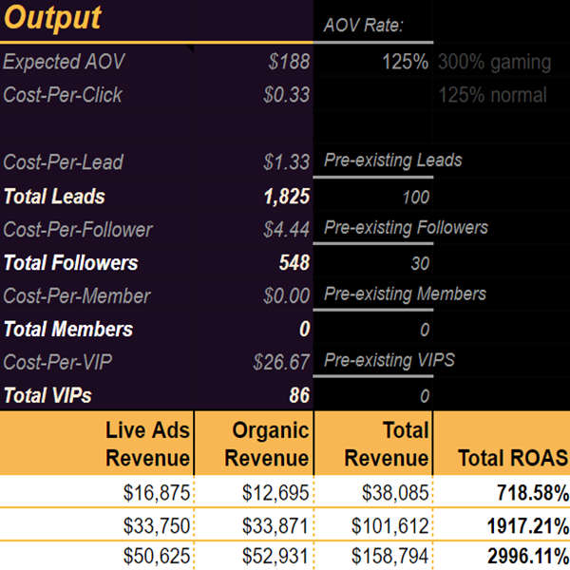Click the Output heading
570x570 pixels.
pos(52,19)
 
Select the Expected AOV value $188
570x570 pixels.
pos(289,63)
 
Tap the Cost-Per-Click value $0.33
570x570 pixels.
pos(286,95)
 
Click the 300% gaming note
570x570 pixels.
pos(494,63)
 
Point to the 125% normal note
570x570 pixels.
pos(492,95)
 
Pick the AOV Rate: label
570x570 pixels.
pos(364,25)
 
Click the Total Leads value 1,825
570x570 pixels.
pos(287,197)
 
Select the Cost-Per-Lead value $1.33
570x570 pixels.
pos(286,162)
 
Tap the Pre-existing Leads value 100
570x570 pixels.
pos(415,198)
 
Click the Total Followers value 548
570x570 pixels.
pos(294,263)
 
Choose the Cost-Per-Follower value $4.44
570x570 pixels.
pos(286,229)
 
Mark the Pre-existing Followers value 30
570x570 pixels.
pos(420,264)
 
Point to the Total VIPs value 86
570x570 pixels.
pos(299,395)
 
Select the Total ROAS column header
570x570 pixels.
pos(513,458)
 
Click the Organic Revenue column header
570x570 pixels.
pos(271,445)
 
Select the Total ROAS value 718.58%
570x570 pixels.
pos(532,493)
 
